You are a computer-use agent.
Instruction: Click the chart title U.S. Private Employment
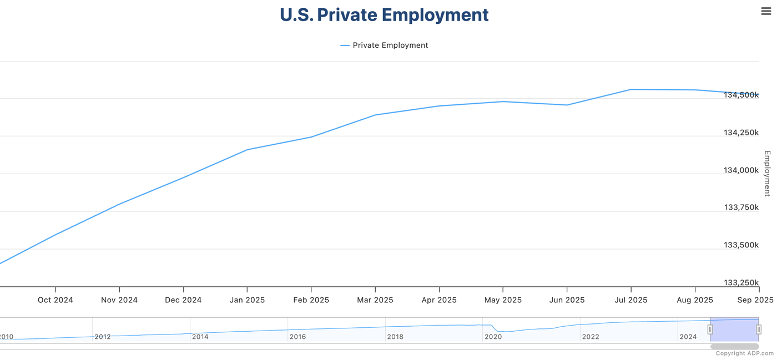[x=384, y=15]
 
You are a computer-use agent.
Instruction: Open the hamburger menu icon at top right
[x=766, y=11]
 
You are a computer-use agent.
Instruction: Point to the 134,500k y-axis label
[x=741, y=95]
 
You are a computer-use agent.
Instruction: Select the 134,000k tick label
[x=741, y=170]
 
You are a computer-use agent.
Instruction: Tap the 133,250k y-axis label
[x=741, y=283]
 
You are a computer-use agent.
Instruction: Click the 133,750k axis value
[x=741, y=207]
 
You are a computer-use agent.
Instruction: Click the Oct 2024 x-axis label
[x=55, y=300]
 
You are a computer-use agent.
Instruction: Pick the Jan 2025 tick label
[x=247, y=300]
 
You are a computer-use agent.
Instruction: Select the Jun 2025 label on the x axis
[x=567, y=300]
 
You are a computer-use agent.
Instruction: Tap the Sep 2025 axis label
[x=755, y=300]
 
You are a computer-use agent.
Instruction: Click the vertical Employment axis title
[x=767, y=173]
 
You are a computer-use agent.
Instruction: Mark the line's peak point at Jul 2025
[x=631, y=89]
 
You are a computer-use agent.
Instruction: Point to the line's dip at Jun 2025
[x=567, y=105]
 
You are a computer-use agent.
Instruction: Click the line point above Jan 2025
[x=247, y=150]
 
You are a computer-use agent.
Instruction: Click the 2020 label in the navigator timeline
[x=493, y=337]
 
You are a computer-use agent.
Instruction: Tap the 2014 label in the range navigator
[x=200, y=337]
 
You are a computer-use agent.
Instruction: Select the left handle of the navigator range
[x=710, y=329]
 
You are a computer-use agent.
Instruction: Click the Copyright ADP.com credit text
[x=744, y=353]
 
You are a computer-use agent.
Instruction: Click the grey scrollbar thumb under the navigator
[x=734, y=347]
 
